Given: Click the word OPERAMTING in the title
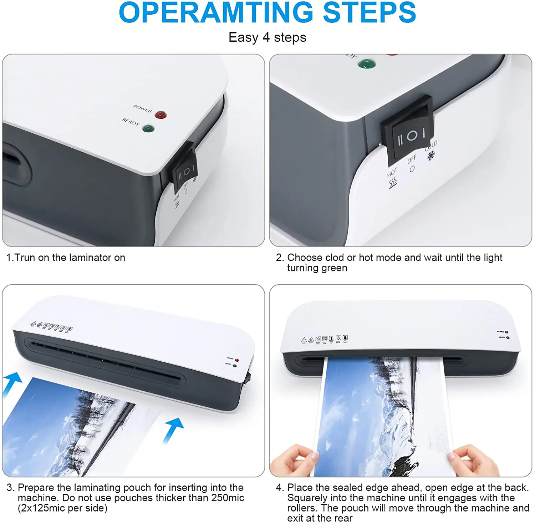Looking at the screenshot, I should coord(216,13).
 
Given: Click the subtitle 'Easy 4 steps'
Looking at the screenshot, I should coord(267,37).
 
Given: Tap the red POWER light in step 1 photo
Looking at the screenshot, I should coord(161,115).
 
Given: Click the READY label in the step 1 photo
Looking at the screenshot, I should coord(131,122).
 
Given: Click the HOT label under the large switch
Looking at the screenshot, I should coord(392,173).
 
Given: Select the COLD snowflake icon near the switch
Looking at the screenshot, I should coord(431,156).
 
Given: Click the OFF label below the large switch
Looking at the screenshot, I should coord(412,159).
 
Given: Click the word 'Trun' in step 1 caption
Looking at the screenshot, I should coord(25,258).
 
